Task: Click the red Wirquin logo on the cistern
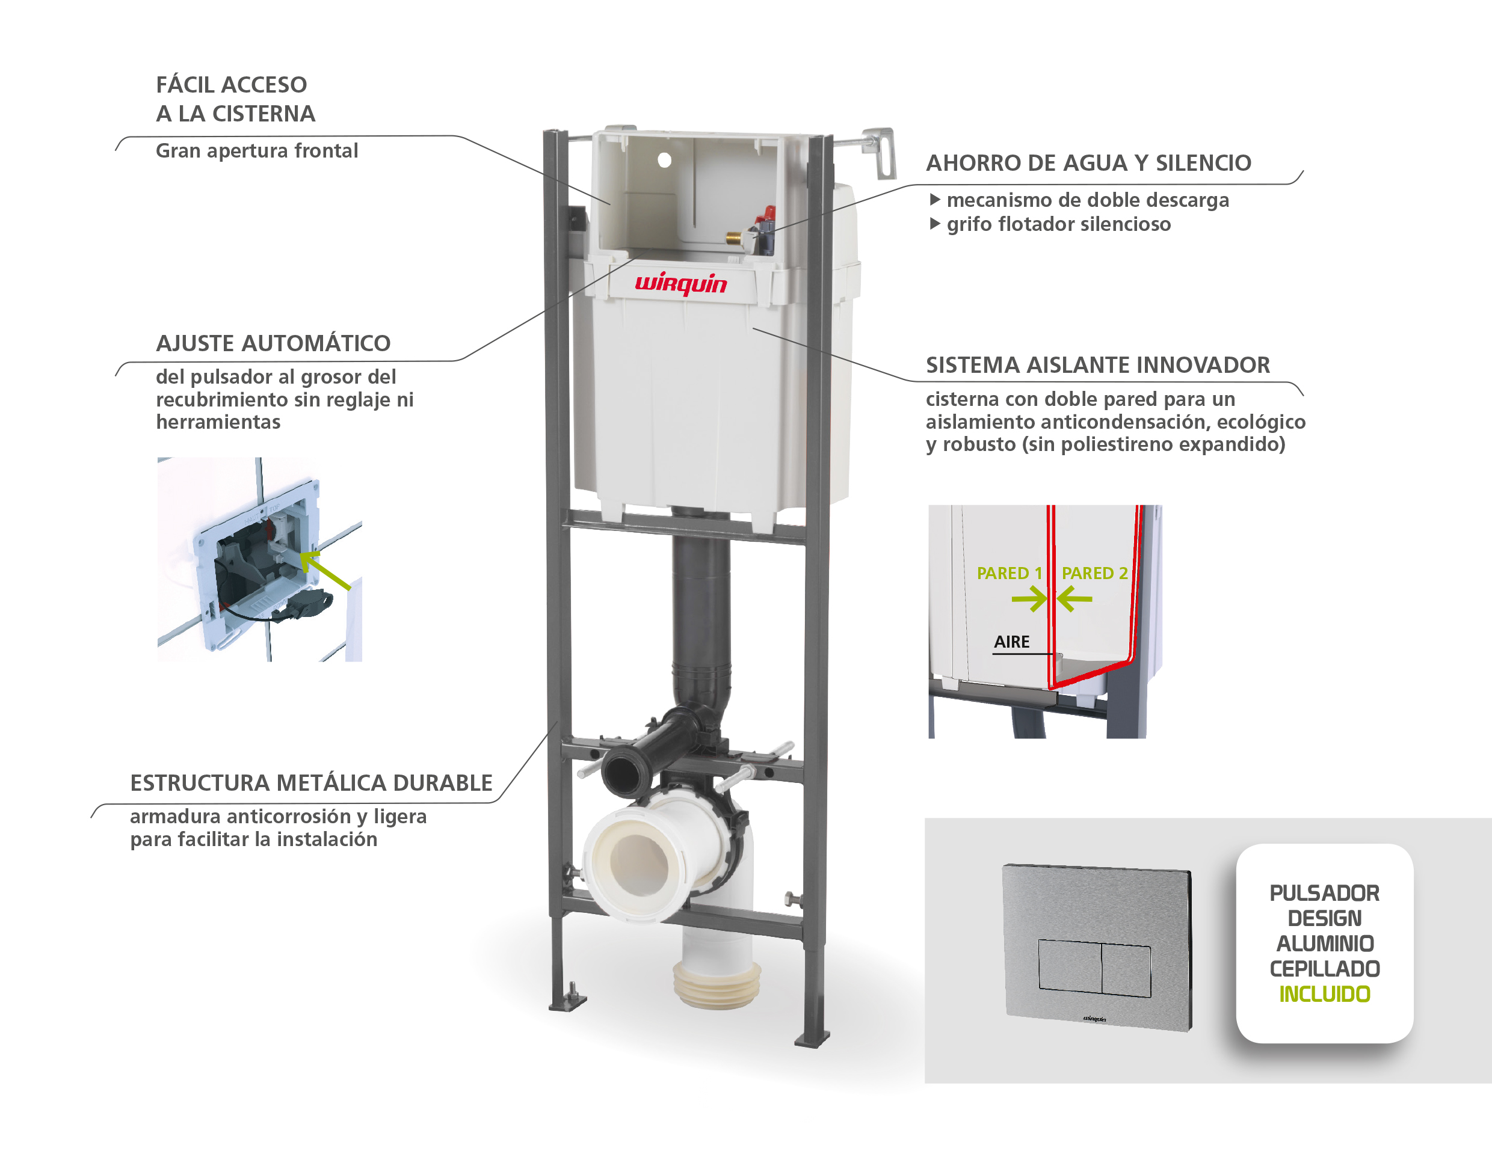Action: click(680, 283)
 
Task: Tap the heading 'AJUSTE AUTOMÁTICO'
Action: click(273, 343)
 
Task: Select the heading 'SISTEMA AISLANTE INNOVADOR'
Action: click(1097, 365)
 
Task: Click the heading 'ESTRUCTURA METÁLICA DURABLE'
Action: click(311, 782)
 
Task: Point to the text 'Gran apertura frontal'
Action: click(257, 150)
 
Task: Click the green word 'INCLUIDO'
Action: click(1324, 994)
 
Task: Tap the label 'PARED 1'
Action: click(1008, 573)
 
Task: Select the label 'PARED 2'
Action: click(1094, 573)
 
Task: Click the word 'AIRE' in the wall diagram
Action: click(1011, 641)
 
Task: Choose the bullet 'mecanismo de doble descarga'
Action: click(1087, 200)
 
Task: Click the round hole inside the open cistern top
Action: click(664, 160)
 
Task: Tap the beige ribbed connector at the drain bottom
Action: click(716, 985)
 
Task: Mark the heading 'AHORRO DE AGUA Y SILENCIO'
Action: click(1088, 163)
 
